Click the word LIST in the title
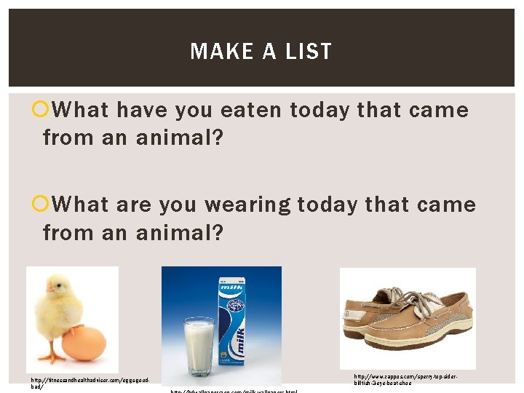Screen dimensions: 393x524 (309, 52)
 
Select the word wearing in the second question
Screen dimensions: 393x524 (243, 205)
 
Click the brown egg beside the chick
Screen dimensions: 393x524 (84, 343)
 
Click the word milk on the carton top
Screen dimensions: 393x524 (231, 286)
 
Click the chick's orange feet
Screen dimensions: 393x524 (52, 356)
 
